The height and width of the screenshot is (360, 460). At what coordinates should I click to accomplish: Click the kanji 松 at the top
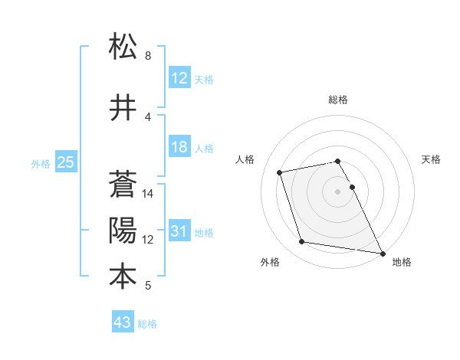(x=123, y=47)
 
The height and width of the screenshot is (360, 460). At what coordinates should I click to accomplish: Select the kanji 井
(x=123, y=108)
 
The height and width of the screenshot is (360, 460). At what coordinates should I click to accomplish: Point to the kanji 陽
(x=123, y=230)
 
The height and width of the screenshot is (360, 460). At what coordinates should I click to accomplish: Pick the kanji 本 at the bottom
(x=123, y=276)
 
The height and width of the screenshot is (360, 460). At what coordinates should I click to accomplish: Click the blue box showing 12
(x=179, y=78)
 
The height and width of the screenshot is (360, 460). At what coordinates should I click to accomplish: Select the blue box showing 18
(x=179, y=148)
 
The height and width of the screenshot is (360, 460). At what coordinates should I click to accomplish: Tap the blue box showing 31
(x=179, y=232)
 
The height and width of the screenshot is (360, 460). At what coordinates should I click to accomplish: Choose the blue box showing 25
(x=65, y=162)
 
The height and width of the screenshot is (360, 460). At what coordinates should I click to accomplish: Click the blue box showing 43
(x=123, y=323)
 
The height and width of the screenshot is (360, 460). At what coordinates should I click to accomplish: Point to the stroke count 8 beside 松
(x=148, y=56)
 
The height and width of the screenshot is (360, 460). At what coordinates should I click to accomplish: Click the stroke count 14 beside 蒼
(x=148, y=194)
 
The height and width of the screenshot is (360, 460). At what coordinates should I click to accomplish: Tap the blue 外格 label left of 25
(x=40, y=163)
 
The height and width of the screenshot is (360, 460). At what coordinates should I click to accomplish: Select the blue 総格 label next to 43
(x=147, y=324)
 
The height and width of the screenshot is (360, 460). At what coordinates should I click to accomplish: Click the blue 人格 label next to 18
(x=204, y=149)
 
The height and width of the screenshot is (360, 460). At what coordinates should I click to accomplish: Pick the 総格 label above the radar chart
(x=338, y=100)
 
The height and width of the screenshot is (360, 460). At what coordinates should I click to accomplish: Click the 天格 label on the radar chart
(x=431, y=159)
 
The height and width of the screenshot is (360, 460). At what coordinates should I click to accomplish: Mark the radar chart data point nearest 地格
(x=383, y=252)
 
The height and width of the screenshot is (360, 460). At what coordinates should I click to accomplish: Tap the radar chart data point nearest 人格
(x=280, y=172)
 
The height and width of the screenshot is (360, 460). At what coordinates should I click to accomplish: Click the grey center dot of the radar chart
(x=338, y=191)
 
